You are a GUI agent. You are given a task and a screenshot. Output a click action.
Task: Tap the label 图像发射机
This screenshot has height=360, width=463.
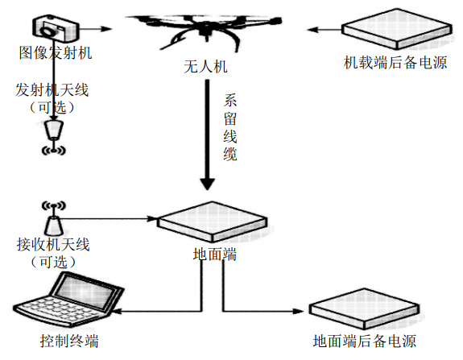pos(56,53)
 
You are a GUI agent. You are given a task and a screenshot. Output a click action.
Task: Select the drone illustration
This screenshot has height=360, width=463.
pos(204,31)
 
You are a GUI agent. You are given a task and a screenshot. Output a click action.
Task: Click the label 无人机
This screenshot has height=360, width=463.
pos(205,67)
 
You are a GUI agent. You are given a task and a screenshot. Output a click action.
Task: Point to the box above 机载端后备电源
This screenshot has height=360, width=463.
pos(396,29)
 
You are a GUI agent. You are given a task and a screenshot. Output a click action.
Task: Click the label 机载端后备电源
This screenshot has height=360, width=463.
pos(395,63)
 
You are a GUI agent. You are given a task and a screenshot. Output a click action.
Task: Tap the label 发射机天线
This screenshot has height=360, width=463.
pos(52,89)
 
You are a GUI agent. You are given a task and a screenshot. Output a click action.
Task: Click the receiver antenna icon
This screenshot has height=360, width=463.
pos(53,218)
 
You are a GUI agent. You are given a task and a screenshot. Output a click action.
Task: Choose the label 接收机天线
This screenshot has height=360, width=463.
pos(53,245)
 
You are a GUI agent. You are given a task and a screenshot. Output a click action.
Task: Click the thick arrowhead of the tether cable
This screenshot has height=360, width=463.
pos(207,184)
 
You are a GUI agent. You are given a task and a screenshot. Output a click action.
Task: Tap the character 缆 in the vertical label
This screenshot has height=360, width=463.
pos(230,154)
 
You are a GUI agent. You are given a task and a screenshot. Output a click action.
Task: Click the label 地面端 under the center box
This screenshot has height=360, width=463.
pos(215,254)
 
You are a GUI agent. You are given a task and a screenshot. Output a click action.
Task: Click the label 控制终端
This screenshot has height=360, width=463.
pos(69,341)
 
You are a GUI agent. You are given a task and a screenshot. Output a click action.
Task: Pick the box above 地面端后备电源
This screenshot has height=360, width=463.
pos(364,309)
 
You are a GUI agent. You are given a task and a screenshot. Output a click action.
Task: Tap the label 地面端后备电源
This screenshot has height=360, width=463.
pos(365,341)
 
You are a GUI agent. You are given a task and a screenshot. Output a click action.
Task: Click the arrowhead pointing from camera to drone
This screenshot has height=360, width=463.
pos(106,29)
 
